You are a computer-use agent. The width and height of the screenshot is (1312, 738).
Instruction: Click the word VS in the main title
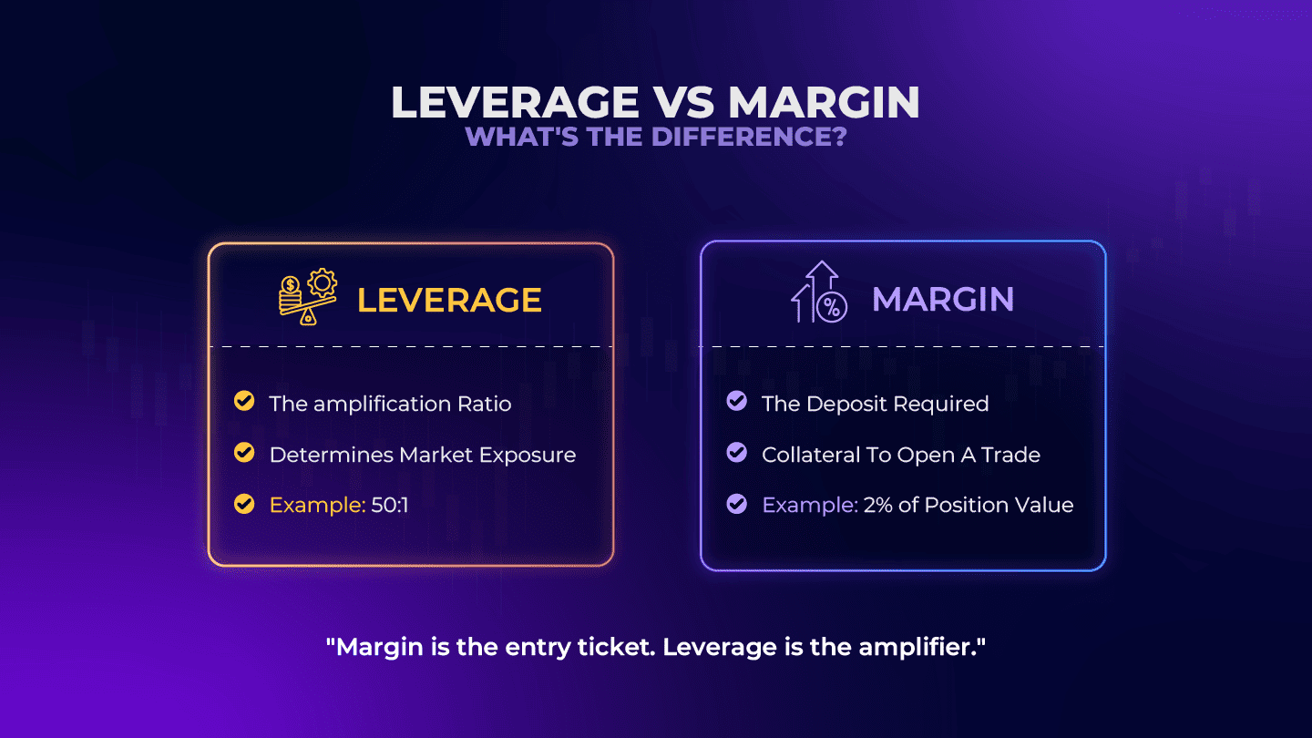point(683,102)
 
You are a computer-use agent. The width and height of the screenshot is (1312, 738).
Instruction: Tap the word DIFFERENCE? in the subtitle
point(749,137)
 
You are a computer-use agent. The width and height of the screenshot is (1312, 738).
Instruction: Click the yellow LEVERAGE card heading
point(449,300)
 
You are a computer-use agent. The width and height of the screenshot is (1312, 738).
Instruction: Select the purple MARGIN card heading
point(943,299)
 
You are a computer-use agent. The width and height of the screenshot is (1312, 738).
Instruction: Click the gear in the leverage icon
point(323,282)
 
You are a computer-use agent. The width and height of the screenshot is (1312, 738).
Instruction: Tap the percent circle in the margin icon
point(832,307)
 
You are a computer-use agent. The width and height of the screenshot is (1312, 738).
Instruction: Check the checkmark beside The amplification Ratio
point(244,401)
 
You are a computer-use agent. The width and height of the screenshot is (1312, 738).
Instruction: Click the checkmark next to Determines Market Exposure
point(244,453)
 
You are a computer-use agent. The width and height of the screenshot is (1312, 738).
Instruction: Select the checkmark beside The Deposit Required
point(737,401)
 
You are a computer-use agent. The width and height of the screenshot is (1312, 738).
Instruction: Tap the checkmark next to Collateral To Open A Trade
point(737,453)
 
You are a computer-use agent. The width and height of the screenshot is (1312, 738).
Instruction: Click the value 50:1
point(390,505)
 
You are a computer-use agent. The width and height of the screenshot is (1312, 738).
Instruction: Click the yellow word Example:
point(317,505)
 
